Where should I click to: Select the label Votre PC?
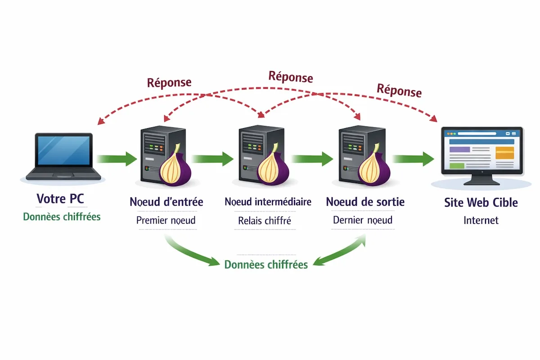point(60,198)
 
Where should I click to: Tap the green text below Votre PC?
point(62,216)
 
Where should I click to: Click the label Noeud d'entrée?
point(166,202)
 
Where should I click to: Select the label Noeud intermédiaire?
point(268,202)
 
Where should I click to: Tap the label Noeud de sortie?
point(365,201)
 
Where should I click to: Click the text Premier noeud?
point(166,220)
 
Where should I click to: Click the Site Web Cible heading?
point(481,202)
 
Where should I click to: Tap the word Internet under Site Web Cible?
point(481,220)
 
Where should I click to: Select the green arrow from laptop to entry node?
point(116,158)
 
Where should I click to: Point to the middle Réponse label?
point(290,76)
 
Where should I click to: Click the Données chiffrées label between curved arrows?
point(266,264)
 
